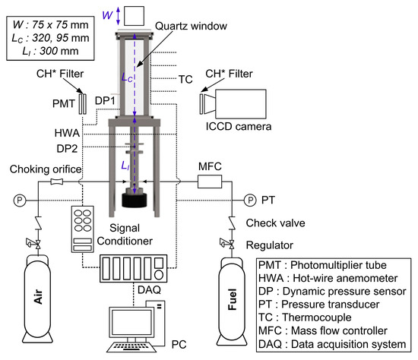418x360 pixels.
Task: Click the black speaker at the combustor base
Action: point(135,201)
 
